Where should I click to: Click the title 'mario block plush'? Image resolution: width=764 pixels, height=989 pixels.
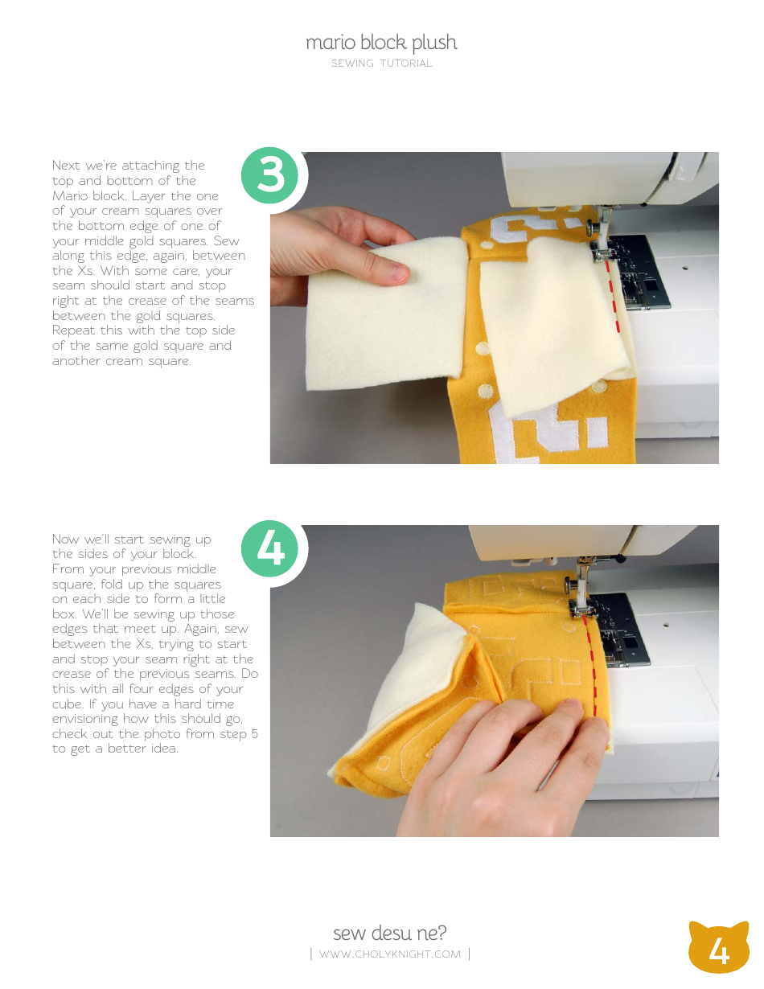click(x=381, y=43)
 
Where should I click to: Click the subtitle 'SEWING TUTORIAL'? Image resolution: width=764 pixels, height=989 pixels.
click(x=381, y=64)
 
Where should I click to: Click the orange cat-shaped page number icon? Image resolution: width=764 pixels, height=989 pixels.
click(x=718, y=948)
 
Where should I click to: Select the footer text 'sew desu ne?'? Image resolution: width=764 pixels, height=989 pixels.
click(x=389, y=933)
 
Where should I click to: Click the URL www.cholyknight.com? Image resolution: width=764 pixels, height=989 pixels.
click(x=389, y=954)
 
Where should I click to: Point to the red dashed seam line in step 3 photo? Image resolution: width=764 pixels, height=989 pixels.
click(x=614, y=302)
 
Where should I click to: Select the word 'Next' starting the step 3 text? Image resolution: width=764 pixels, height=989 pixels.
click(x=66, y=166)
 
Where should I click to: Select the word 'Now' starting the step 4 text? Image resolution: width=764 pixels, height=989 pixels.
click(x=66, y=539)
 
